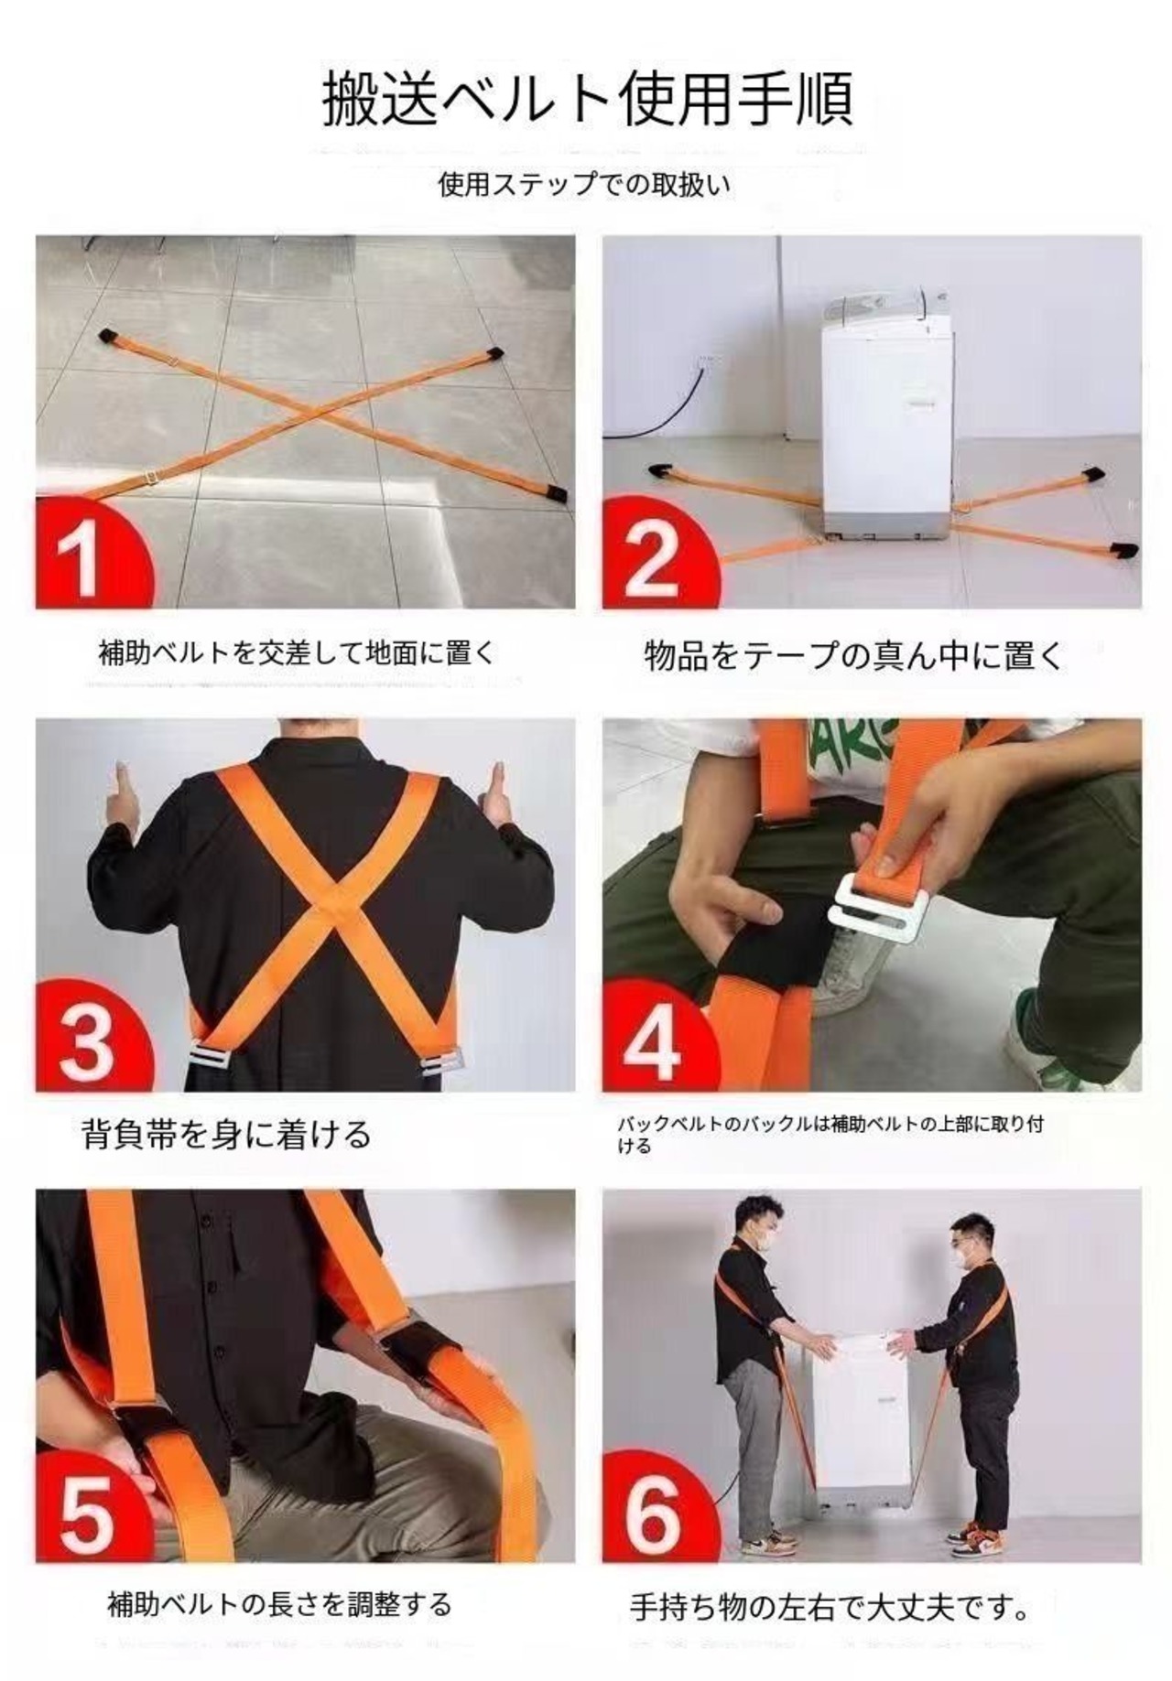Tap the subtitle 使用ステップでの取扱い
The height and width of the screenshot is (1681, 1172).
pos(585,185)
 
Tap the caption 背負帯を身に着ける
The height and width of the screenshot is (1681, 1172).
pos(226,1135)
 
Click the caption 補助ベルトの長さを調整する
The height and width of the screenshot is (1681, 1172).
pos(279,1604)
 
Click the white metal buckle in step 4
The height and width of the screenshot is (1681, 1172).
pos(879,910)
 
